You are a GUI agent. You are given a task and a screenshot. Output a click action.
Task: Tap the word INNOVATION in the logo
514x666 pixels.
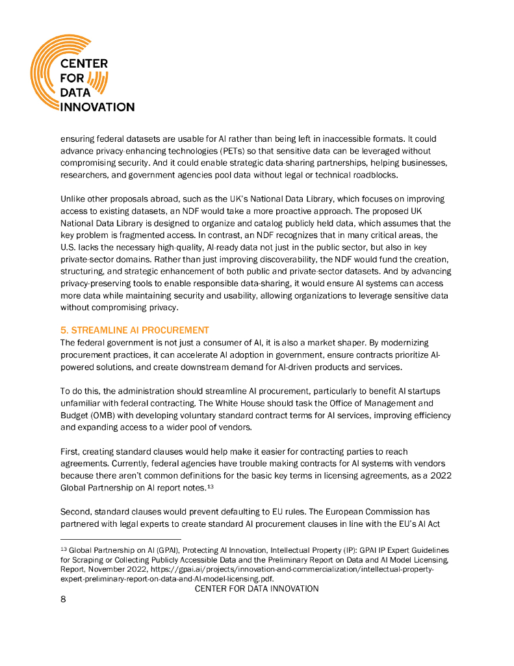pyautogui.click(x=97, y=107)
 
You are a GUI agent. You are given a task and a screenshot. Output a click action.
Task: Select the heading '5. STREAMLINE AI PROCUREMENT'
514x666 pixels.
pyautogui.click(x=135, y=330)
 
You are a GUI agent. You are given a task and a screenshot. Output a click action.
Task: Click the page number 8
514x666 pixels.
pyautogui.click(x=63, y=600)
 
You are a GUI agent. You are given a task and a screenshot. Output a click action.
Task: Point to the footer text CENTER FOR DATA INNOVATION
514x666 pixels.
pyautogui.click(x=257, y=589)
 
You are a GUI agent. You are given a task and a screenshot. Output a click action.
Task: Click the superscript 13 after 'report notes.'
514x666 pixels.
pyautogui.click(x=210, y=486)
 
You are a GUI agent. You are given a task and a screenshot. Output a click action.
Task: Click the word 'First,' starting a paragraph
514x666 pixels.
pyautogui.click(x=71, y=451)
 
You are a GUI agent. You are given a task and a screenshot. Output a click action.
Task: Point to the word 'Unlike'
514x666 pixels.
pyautogui.click(x=73, y=198)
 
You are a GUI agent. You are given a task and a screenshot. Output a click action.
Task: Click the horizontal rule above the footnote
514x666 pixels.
pyautogui.click(x=120, y=540)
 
